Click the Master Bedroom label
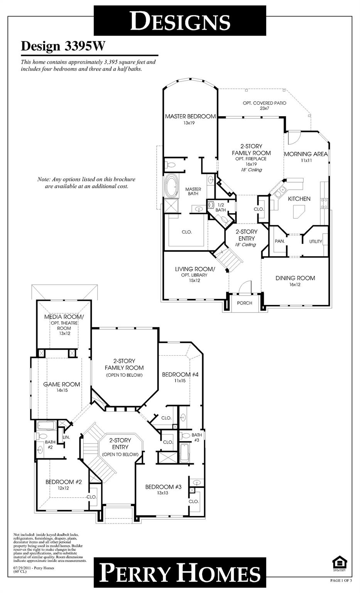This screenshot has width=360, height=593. coord(190,116)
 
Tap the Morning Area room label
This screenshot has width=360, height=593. coord(306,154)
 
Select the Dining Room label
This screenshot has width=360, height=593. coord(295,278)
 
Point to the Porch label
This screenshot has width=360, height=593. coord(245,303)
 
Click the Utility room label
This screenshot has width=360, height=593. coord(315,242)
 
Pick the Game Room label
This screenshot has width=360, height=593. coord(62,384)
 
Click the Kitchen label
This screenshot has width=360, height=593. coord(299,199)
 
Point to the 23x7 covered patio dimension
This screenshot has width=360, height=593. coord(264,108)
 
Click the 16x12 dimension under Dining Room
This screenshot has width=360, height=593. coord(295,285)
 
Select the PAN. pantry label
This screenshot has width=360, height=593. coord(280,241)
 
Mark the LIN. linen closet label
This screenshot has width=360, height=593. coord(66,437)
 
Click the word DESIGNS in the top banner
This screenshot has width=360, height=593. coord(180,21)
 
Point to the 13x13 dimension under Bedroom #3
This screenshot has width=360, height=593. coord(163,493)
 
